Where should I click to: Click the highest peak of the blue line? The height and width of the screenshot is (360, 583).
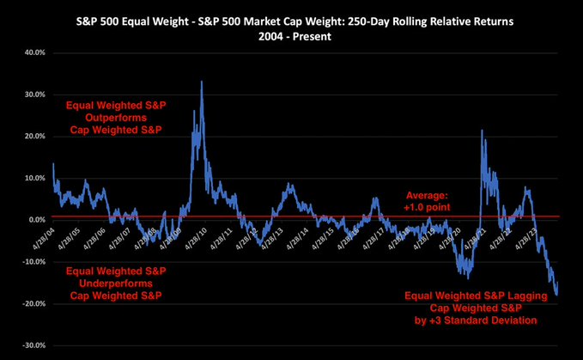[201, 82]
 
